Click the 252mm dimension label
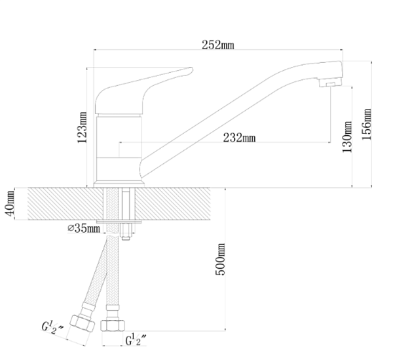(218, 45)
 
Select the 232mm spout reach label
(239, 138)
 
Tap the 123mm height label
(83, 127)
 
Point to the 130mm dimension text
(347, 137)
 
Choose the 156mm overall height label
(367, 125)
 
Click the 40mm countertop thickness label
(10, 203)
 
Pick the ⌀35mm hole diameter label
(84, 228)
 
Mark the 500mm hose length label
(221, 259)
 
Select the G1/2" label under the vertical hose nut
(136, 340)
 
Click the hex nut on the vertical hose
(113, 326)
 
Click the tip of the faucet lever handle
(192, 69)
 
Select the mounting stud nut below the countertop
(126, 231)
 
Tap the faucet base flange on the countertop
(119, 184)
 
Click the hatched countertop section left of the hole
(65, 204)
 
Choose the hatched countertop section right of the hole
(173, 204)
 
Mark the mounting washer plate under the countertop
(119, 222)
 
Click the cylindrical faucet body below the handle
(119, 148)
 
